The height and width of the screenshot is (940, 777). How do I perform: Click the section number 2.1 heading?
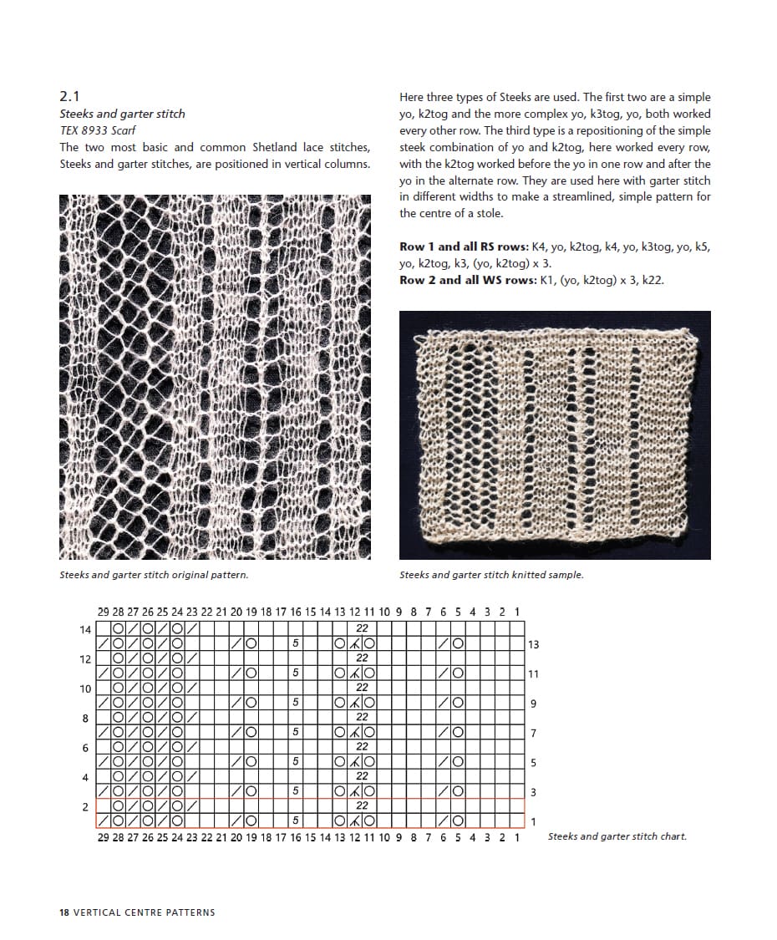pyautogui.click(x=69, y=97)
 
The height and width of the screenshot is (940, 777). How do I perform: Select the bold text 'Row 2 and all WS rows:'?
pyautogui.click(x=465, y=280)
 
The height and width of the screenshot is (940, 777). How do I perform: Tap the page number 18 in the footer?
pyautogui.click(x=64, y=912)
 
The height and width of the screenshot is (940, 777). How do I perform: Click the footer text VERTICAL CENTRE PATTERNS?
pyautogui.click(x=145, y=912)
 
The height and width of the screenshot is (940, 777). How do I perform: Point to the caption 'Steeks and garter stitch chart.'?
pyautogui.click(x=617, y=836)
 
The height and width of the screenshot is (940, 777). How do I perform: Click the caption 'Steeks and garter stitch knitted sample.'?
pyautogui.click(x=491, y=575)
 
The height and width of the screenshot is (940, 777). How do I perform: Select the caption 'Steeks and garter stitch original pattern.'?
pyautogui.click(x=154, y=575)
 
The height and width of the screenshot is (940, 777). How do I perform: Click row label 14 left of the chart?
pyautogui.click(x=85, y=629)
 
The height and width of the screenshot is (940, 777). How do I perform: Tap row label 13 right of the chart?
pyautogui.click(x=534, y=644)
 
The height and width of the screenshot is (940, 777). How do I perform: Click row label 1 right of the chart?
pyautogui.click(x=534, y=822)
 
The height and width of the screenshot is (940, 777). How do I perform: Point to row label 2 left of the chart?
pyautogui.click(x=85, y=807)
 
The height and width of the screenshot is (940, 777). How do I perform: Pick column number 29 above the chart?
pyautogui.click(x=104, y=612)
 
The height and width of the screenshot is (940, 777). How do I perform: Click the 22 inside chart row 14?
pyautogui.click(x=362, y=629)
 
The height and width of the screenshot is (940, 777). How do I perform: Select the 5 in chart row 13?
pyautogui.click(x=296, y=644)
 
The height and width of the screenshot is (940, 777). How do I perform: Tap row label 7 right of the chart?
pyautogui.click(x=534, y=734)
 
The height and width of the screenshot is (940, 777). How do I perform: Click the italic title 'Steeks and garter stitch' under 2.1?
pyautogui.click(x=123, y=114)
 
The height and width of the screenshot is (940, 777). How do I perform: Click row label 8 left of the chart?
pyautogui.click(x=85, y=718)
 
